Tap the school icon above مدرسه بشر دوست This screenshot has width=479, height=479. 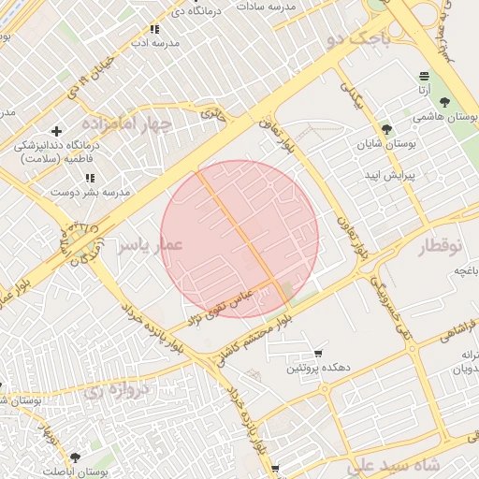[x=90, y=178]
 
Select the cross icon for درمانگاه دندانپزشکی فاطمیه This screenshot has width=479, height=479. [x=57, y=131]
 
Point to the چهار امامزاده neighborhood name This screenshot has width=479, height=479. [x=127, y=123]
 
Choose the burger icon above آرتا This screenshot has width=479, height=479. [x=425, y=75]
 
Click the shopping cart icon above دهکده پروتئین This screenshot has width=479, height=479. [x=319, y=354]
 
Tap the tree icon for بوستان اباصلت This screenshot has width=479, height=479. [x=75, y=457]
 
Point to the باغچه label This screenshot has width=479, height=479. [x=466, y=270]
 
